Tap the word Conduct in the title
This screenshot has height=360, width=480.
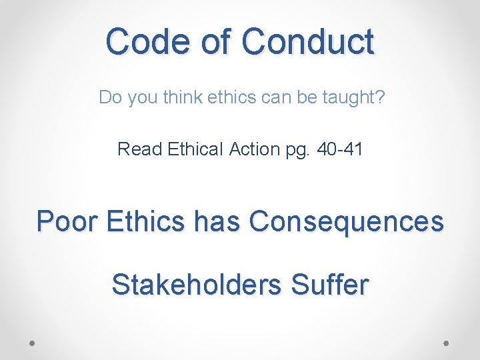(308, 41)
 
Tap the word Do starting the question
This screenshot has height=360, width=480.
(109, 97)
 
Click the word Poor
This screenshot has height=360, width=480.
(65, 221)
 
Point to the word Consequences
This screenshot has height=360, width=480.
(346, 221)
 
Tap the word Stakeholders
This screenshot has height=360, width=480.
(196, 285)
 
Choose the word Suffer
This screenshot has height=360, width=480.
(330, 285)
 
